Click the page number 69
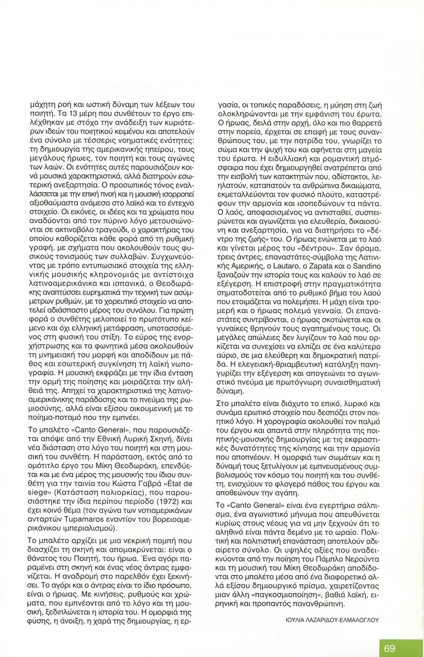[389, 648]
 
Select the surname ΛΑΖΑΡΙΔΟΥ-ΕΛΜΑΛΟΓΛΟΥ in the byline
[349, 620]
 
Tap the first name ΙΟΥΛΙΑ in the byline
[298, 620]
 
